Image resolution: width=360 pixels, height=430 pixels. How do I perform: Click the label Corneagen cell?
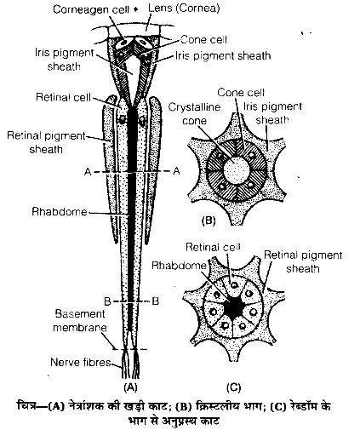coord(91,9)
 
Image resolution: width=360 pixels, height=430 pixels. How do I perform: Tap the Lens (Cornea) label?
coord(184,9)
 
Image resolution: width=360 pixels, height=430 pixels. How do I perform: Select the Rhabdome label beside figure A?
coord(60,212)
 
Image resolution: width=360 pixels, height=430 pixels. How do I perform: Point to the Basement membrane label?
coord(80,321)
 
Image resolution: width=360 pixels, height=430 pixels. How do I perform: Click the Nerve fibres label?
coord(81,362)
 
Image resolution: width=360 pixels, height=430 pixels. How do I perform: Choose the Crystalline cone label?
coord(194,114)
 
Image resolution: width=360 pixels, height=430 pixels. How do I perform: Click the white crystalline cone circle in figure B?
coord(237,170)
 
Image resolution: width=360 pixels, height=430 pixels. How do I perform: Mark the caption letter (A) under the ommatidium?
coord(130,387)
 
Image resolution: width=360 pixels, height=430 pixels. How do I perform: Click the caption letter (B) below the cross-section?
coord(209,221)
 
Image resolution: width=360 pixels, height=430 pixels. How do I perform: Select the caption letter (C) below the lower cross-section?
coord(233,387)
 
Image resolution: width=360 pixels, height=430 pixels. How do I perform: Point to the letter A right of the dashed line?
coord(176,171)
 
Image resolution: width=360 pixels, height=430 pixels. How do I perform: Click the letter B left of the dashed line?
coord(107,301)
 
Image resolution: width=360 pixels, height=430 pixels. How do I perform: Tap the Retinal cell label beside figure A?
coord(63,97)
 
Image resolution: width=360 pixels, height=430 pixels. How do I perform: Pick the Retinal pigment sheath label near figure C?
coord(303,261)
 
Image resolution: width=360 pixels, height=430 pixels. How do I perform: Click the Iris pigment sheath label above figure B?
coord(272,113)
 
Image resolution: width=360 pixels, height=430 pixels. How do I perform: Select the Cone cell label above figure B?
coord(241,93)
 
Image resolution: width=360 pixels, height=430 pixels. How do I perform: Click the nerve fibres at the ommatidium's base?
coord(131,364)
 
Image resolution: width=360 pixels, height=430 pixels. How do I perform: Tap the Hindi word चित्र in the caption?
coord(26,406)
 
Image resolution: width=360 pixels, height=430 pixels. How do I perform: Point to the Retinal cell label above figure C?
coord(213,247)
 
